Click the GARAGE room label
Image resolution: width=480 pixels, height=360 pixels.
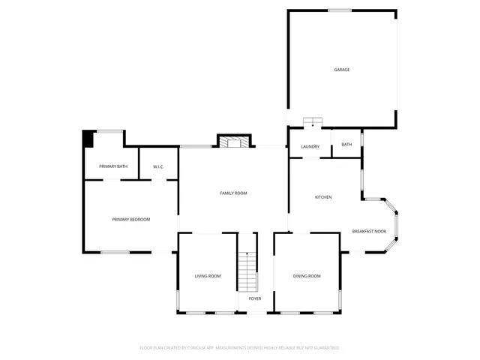pos(341,70)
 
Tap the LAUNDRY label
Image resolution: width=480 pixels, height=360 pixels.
pos(310,146)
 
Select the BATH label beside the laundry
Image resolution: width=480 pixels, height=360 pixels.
pos(346,144)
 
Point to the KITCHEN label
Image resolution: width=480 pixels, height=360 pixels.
pos(323,197)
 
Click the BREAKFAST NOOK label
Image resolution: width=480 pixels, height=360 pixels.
pos(369,231)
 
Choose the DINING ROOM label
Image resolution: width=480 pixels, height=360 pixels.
pos(307,276)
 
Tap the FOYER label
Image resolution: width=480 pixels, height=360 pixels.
pos(255,298)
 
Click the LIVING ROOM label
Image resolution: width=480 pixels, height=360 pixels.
pos(208,276)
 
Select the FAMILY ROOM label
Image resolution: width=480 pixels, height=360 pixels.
pos(233,193)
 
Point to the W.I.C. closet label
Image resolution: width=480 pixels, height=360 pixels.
pos(158,166)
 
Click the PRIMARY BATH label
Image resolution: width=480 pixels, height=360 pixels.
pos(113,166)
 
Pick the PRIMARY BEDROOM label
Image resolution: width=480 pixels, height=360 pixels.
pos(131,219)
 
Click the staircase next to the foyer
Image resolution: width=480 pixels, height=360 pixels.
pos(247,271)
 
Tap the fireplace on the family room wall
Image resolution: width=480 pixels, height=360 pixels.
pos(232,141)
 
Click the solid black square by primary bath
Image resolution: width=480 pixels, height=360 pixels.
pos(88,139)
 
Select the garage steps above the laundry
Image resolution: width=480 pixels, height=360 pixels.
pos(312,122)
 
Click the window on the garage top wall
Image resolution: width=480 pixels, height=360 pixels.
pos(339,10)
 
